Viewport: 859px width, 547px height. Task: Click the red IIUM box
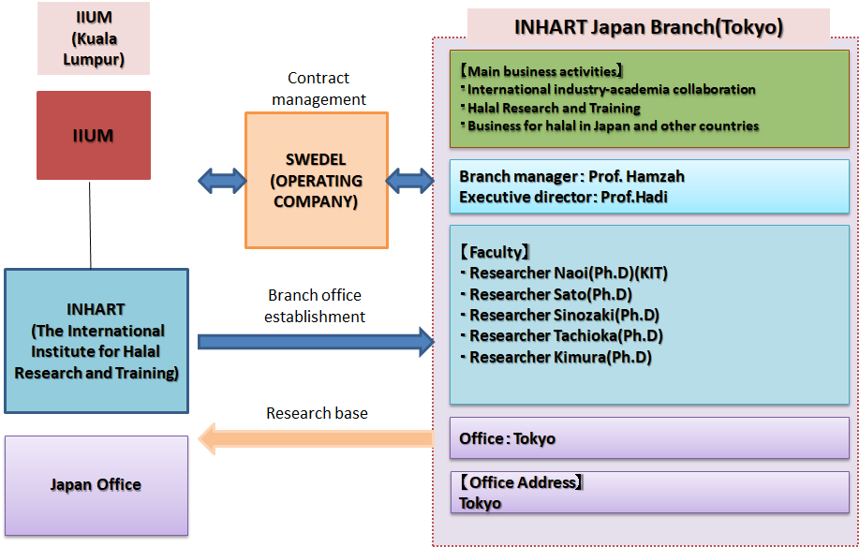coord(94,135)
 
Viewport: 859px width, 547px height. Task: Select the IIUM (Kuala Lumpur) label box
coord(94,38)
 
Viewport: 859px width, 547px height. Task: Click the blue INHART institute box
coord(96,341)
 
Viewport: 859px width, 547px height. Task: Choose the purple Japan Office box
coord(96,485)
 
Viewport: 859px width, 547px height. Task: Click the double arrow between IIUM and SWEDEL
coord(222,181)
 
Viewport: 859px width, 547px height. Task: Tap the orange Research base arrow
coord(316,437)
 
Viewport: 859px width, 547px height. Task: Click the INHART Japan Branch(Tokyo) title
coord(647,26)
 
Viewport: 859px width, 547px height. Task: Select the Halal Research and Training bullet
coord(554,108)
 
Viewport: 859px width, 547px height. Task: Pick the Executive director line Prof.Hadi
coord(563,197)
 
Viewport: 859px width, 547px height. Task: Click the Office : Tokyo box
coord(649,438)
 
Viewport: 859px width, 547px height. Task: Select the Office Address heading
coord(521,482)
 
